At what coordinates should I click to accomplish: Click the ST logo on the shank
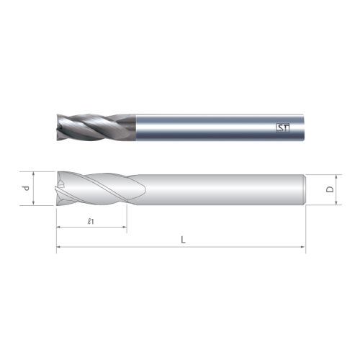[283, 128]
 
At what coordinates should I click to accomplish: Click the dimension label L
[183, 239]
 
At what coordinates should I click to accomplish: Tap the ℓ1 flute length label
[91, 221]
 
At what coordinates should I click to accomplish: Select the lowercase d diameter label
[25, 189]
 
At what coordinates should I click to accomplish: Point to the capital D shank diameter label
[330, 189]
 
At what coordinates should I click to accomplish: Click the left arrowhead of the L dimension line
[58, 247]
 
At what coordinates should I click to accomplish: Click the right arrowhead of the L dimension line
[303, 247]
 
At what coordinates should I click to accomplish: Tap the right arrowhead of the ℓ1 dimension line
[125, 227]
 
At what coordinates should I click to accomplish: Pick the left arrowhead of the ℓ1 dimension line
[58, 227]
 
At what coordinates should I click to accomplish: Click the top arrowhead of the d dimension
[33, 174]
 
